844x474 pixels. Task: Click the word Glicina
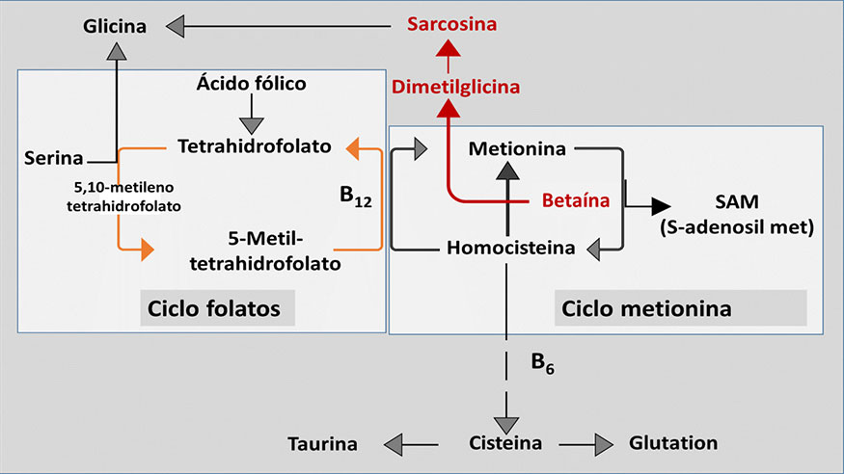[114, 26]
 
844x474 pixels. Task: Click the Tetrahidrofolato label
[255, 146]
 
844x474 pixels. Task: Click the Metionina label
[509, 149]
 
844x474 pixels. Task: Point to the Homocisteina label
[511, 248]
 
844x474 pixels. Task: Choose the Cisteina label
[506, 444]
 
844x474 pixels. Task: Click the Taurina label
[322, 444]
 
